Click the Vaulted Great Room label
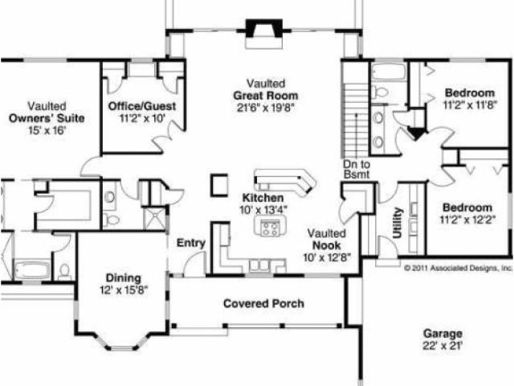click(x=266, y=89)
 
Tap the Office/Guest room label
click(x=142, y=106)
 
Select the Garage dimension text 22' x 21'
click(x=443, y=346)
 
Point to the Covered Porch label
click(x=263, y=303)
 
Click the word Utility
click(x=398, y=223)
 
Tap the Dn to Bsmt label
click(x=357, y=170)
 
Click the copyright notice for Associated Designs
click(x=459, y=268)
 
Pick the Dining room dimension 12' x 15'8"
click(x=124, y=290)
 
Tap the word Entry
click(x=191, y=243)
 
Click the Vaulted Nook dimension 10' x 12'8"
click(x=327, y=257)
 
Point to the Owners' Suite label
click(x=47, y=118)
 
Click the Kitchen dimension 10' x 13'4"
click(x=263, y=210)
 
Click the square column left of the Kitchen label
click(x=219, y=185)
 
